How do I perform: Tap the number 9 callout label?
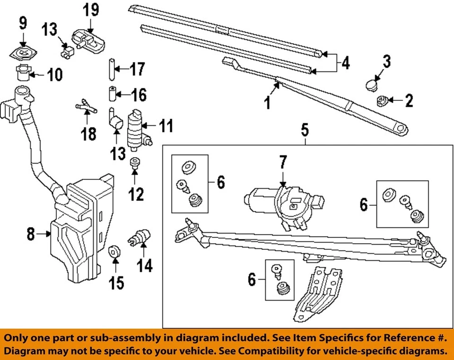tap(23, 22)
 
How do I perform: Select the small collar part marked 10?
tap(21, 74)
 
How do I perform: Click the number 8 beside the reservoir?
tap(31, 234)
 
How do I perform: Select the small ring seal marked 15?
tap(114, 251)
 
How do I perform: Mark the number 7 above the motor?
tap(282, 163)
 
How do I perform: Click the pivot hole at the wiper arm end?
tap(401, 128)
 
